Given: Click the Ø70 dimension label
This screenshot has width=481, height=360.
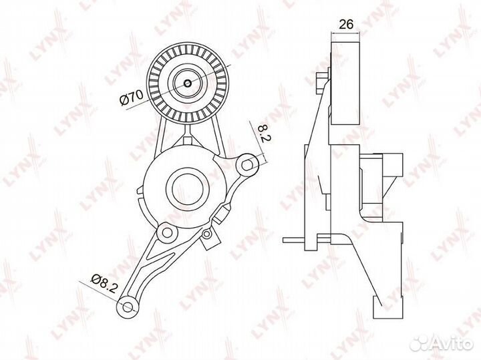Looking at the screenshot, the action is tap(132, 98).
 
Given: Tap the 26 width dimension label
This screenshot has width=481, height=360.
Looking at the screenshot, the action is tap(346, 24).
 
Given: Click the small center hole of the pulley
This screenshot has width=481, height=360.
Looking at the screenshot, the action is tap(188, 83).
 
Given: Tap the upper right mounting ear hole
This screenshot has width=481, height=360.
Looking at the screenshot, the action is tap(247, 165).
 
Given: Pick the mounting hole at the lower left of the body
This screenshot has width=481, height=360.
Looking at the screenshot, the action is tap(168, 232).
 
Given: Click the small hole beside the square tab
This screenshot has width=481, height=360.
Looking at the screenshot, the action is tap(207, 234).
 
